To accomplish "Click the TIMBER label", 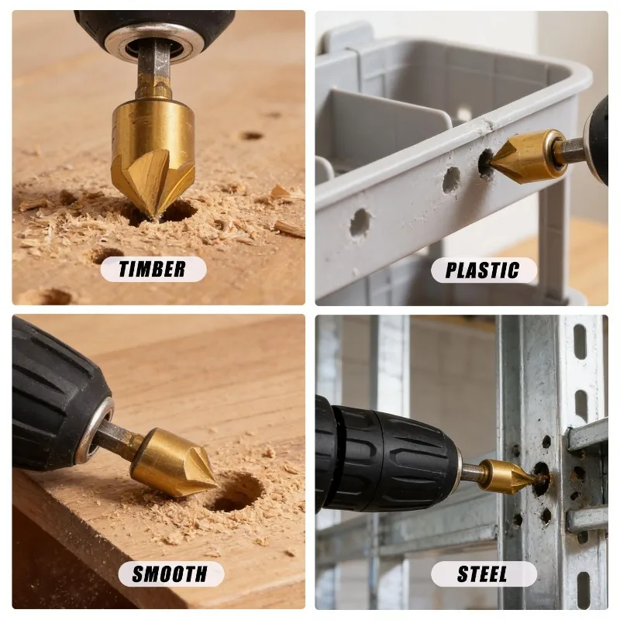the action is tap(153, 269).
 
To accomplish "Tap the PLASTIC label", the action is tap(483, 270).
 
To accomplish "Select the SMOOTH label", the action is tap(170, 573).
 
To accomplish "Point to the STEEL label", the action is tap(483, 573).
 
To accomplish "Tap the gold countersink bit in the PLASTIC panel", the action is tap(522, 157).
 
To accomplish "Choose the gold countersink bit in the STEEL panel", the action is tap(509, 476).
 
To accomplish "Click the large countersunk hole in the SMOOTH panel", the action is tap(235, 493).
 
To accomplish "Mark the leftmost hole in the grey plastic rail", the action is tap(360, 222).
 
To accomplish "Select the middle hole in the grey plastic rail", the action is tap(451, 180).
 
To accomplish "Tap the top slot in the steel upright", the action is tap(580, 342).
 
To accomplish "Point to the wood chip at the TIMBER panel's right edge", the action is tap(290, 228).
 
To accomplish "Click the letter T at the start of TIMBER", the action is tap(126, 269).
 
